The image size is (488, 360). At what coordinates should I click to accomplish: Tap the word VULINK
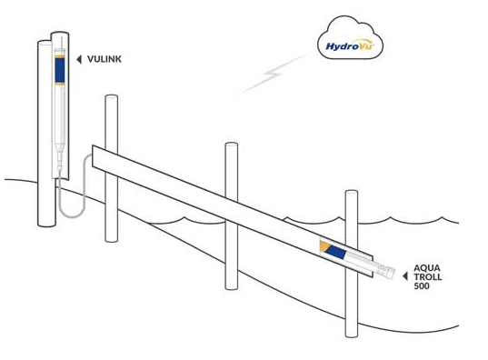[x=104, y=60]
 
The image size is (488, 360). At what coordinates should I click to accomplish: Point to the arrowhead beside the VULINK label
[x=79, y=60]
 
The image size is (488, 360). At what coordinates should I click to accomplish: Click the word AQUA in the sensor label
[x=426, y=268]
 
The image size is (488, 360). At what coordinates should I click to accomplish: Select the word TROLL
[x=427, y=277]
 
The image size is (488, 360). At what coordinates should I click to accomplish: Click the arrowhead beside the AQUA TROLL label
[x=405, y=275]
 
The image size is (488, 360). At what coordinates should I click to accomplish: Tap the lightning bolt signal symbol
[x=273, y=75]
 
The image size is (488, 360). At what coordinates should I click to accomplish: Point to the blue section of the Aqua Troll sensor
[x=336, y=252]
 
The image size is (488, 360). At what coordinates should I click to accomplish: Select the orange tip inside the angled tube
[x=324, y=245]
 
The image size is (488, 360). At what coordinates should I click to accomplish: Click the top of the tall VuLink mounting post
[x=60, y=36]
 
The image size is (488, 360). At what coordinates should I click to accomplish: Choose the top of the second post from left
[x=111, y=97]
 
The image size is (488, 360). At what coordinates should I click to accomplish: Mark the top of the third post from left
[x=231, y=145]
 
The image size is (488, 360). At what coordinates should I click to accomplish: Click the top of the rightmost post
[x=352, y=193]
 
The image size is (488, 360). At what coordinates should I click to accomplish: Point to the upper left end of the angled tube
[x=96, y=155]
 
